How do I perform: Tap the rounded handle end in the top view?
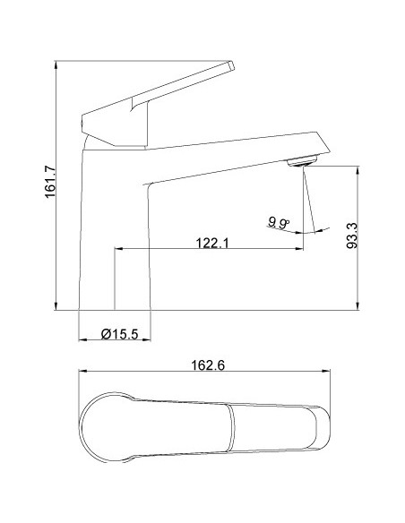pos(94,430)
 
